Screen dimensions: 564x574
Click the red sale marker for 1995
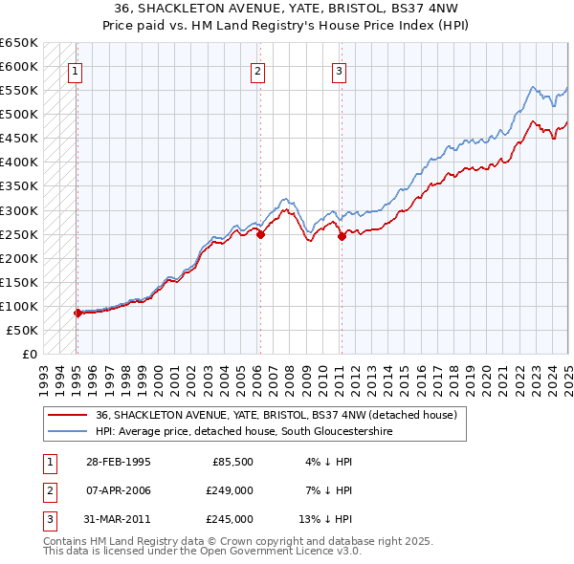tap(77, 313)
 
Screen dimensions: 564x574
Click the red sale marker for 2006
tap(260, 234)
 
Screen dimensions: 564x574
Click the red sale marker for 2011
tap(342, 237)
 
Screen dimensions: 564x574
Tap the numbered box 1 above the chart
tap(75, 69)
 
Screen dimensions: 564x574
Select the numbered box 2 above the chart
tap(258, 69)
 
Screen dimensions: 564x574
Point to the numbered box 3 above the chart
tap(340, 69)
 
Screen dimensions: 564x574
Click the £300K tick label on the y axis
tap(19, 210)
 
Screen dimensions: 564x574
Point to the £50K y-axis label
tap(23, 330)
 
